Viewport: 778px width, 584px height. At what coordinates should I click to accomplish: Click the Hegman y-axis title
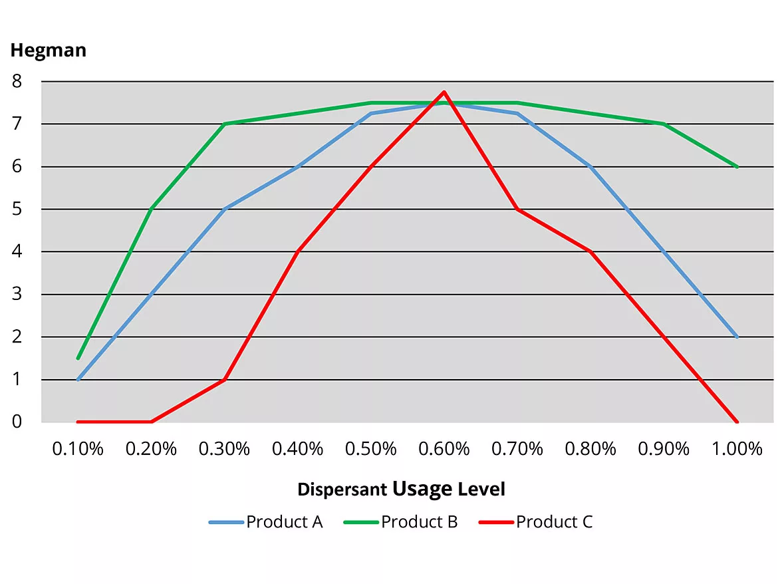[48, 51]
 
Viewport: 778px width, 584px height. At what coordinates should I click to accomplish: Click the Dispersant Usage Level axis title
[401, 490]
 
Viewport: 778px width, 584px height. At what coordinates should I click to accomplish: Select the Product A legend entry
[284, 522]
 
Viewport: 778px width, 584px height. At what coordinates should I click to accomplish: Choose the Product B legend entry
[419, 522]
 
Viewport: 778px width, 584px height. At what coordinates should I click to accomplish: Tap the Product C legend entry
[554, 522]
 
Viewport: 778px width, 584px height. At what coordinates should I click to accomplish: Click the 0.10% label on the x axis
[78, 449]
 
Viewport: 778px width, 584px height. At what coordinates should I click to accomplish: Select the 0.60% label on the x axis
[444, 449]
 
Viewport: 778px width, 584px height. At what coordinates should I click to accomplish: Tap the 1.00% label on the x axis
[737, 449]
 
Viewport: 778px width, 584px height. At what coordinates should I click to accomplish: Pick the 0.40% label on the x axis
[297, 449]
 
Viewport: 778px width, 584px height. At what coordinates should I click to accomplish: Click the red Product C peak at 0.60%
[444, 92]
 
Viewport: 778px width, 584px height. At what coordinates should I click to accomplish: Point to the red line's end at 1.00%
[737, 422]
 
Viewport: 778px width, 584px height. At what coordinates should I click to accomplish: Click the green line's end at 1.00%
[737, 166]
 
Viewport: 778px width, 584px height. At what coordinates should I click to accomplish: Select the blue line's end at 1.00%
[737, 337]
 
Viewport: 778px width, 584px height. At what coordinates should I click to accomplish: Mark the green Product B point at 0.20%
[151, 209]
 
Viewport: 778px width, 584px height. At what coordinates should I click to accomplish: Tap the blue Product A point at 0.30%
[224, 209]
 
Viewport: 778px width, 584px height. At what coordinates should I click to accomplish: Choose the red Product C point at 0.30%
[224, 379]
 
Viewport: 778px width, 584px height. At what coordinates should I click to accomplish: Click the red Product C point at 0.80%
[590, 251]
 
